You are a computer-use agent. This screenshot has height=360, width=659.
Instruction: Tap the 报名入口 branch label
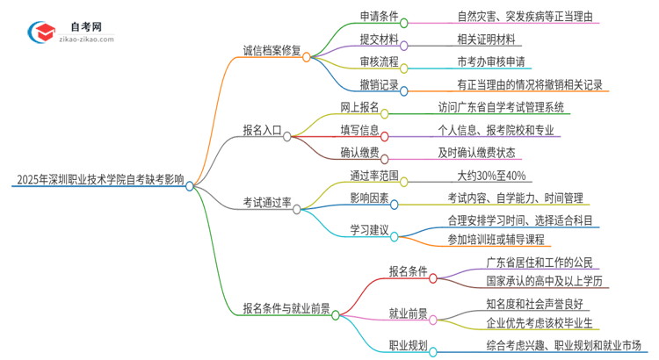tap(262, 130)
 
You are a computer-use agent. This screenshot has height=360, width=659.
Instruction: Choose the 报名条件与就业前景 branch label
tap(286, 308)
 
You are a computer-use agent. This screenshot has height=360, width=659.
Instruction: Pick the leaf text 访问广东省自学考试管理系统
tap(502, 108)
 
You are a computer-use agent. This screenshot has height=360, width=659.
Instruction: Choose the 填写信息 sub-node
tap(360, 130)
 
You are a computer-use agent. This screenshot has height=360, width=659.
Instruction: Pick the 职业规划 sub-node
tap(409, 346)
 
